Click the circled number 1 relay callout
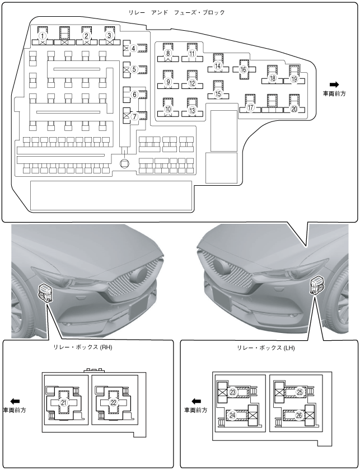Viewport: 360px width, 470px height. [43, 36]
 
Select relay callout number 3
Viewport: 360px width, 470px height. [110, 36]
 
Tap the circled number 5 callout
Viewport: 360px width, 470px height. [134, 69]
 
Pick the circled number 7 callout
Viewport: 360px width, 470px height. [134, 117]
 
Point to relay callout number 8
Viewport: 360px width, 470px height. [168, 54]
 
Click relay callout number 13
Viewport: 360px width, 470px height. [192, 110]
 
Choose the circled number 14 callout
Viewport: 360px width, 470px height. [218, 65]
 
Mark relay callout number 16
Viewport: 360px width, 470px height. [244, 69]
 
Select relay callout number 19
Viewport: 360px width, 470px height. [294, 79]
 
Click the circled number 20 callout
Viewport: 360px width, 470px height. [294, 109]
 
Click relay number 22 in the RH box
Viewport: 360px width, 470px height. [113, 402]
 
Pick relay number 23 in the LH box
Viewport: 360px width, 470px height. [232, 392]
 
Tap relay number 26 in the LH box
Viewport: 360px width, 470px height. [299, 415]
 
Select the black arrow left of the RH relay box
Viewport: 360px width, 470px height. [15, 401]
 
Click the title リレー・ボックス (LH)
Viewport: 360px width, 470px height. [265, 347]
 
